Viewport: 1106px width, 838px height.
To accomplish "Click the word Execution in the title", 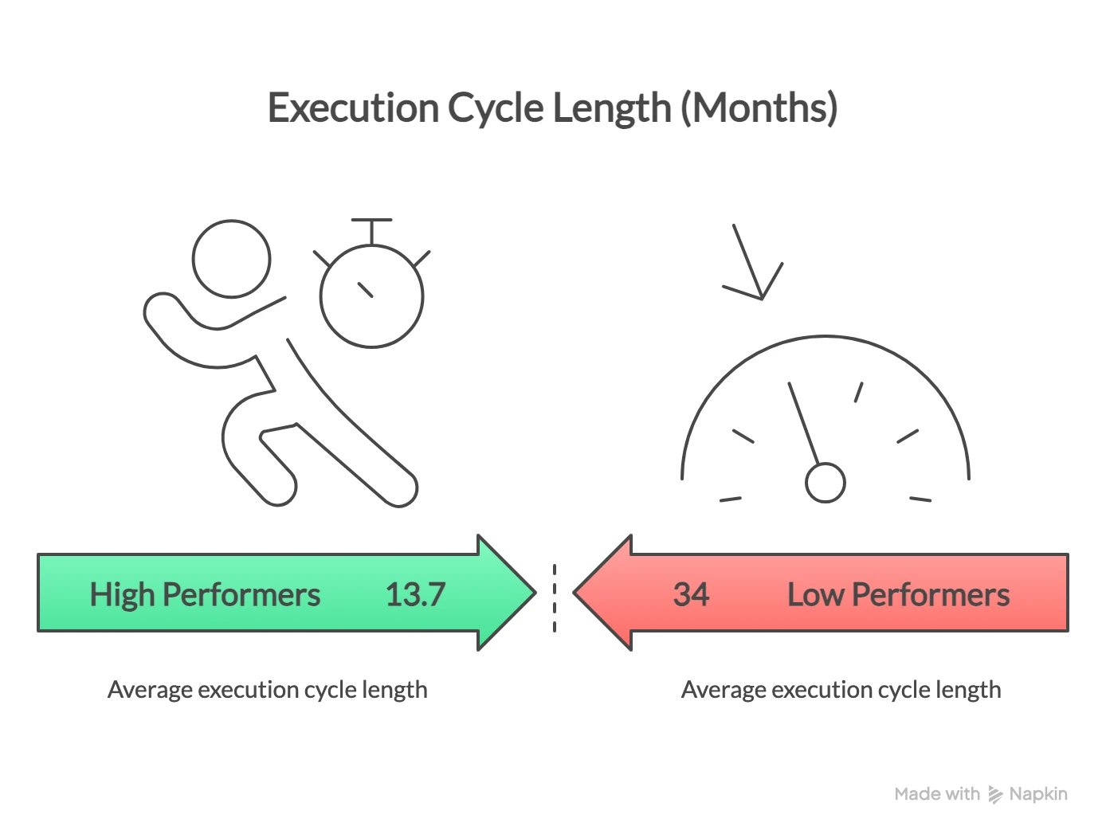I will pyautogui.click(x=352, y=108).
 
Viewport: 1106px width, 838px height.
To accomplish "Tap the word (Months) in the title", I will pyautogui.click(x=759, y=108).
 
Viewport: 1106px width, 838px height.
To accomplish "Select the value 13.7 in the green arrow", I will pyautogui.click(x=415, y=595).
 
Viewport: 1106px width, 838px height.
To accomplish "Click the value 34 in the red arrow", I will pyautogui.click(x=690, y=595).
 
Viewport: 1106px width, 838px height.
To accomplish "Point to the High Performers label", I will pyautogui.click(x=205, y=595).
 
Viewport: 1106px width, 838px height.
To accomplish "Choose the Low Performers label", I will pyautogui.click(x=898, y=595).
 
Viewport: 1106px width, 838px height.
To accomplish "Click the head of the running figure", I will pyautogui.click(x=232, y=259).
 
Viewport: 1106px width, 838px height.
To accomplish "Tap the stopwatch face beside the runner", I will pyautogui.click(x=371, y=296).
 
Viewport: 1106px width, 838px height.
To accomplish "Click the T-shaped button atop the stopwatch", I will pyautogui.click(x=371, y=222).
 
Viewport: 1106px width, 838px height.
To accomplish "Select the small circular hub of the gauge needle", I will pyautogui.click(x=825, y=483).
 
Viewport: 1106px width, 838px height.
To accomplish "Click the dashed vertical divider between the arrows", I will pyautogui.click(x=555, y=597).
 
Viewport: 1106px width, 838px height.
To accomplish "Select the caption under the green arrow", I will pyautogui.click(x=267, y=690).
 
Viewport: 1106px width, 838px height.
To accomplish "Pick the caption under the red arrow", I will pyautogui.click(x=841, y=690).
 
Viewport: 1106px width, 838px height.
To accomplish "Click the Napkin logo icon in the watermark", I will pyautogui.click(x=995, y=794).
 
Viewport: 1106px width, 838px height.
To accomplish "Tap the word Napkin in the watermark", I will pyautogui.click(x=1037, y=794).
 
